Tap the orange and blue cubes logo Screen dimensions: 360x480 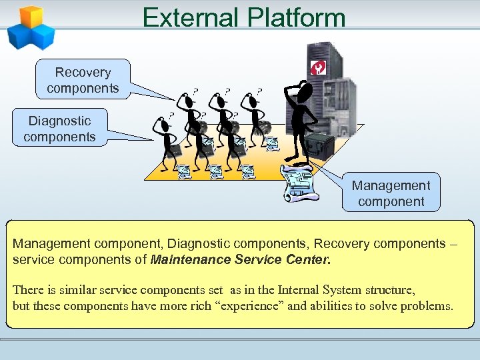(x=29, y=27)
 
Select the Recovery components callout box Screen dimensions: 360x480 (x=83, y=80)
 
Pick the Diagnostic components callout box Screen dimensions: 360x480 (x=59, y=129)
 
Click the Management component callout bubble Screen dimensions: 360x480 (x=391, y=193)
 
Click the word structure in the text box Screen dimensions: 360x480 (x=391, y=290)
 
